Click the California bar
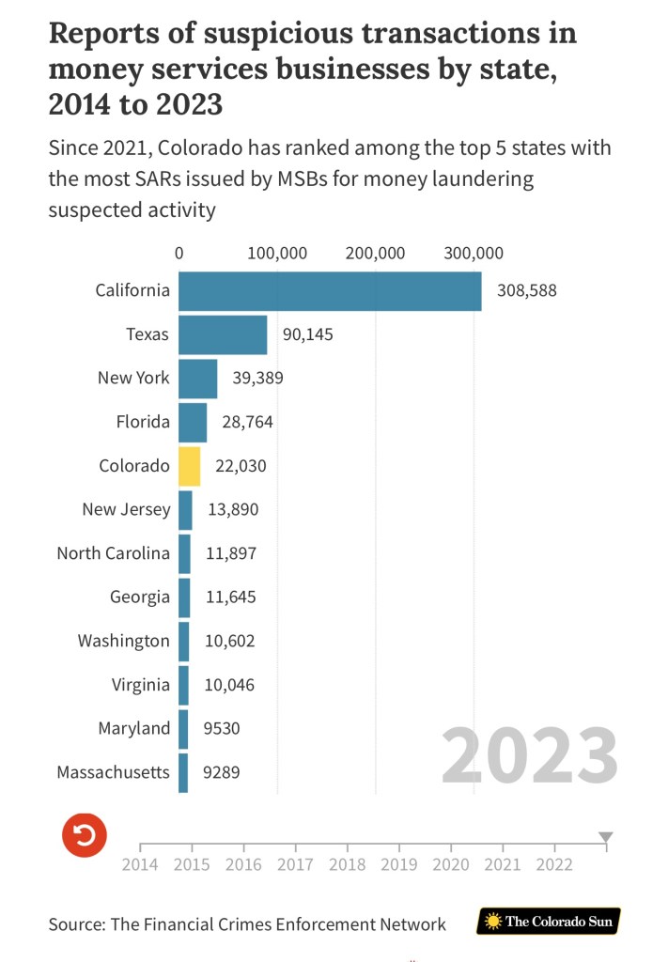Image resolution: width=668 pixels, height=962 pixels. pos(329,291)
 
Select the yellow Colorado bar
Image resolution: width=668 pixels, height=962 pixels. pos(189,466)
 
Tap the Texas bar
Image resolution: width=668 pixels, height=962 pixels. pos(223,334)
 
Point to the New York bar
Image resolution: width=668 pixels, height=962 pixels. pos(197,379)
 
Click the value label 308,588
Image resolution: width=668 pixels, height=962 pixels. pos(527,291)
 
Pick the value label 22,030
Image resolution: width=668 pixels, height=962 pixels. pos(243,466)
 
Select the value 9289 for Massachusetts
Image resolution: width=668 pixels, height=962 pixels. pos(224,773)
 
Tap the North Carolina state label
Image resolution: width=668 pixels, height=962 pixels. pos(114,552)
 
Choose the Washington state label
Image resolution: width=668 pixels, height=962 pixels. pos(124,641)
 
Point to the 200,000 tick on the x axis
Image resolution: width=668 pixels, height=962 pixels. pos(375,253)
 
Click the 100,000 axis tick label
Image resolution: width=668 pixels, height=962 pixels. pos(276,253)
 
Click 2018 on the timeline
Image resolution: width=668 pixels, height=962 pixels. pos(348,864)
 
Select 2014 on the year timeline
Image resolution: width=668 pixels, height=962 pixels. pos(140,864)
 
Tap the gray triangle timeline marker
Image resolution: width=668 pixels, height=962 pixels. pos(606,837)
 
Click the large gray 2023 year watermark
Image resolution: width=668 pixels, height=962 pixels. pos(530,756)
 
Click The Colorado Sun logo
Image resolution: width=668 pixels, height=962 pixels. pos(549,922)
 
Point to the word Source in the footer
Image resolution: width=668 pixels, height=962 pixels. pos(75,923)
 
